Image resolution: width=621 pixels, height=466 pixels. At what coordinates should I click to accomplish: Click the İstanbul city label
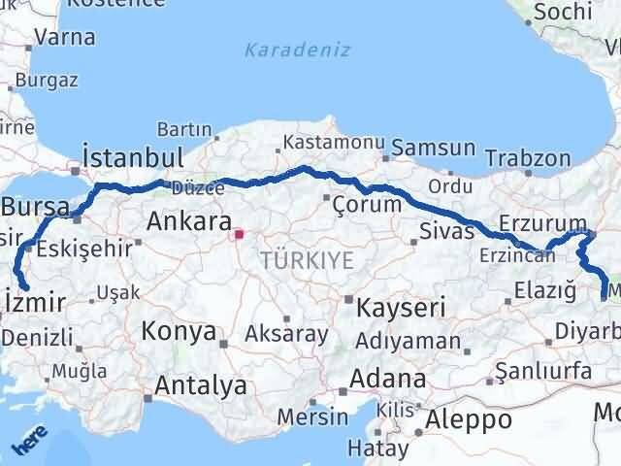point(133,158)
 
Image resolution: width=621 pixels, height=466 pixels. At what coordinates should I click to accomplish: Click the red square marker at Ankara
point(239,234)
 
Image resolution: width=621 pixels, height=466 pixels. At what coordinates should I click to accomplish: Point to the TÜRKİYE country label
point(307,259)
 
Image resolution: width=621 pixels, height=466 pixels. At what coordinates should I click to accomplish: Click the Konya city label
point(179,331)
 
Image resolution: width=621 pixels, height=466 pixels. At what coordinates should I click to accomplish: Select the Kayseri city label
point(400,309)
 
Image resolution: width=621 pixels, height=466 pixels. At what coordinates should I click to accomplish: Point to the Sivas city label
point(447,231)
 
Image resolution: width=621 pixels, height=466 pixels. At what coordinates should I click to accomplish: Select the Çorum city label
point(367,204)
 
